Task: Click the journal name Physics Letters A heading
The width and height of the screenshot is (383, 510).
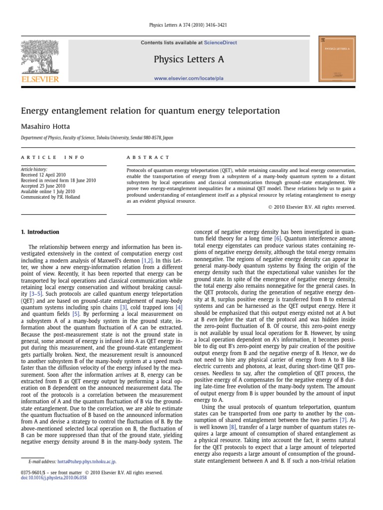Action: click(x=189, y=60)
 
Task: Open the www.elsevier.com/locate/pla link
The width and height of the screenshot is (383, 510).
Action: click(x=189, y=79)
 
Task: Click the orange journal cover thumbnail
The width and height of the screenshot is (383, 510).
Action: click(x=337, y=59)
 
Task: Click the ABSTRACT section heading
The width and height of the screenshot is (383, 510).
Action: click(x=148, y=157)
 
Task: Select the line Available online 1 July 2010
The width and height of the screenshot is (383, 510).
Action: click(x=47, y=191)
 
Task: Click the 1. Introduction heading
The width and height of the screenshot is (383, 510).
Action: click(x=40, y=232)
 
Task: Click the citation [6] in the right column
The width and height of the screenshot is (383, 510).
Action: click(x=278, y=239)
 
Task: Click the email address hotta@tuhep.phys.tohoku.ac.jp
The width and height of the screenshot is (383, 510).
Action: click(x=87, y=462)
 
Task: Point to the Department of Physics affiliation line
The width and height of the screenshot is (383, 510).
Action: click(x=97, y=138)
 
